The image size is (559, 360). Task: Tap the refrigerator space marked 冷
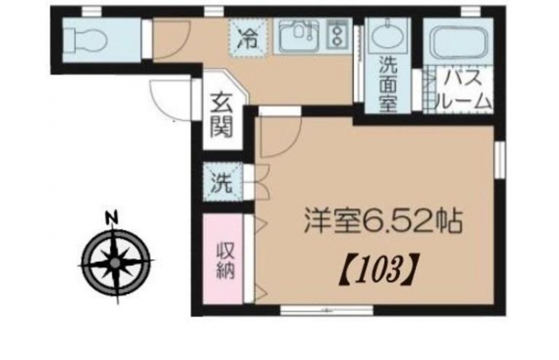(249, 38)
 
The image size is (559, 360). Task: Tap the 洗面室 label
(388, 84)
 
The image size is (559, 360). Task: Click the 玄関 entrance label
(222, 115)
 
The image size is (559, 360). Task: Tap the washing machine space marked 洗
(223, 182)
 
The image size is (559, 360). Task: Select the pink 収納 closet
(224, 258)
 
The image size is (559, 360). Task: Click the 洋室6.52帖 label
(383, 221)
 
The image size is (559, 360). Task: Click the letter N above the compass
(112, 217)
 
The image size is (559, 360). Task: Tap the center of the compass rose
(115, 263)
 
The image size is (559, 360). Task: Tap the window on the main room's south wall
(326, 310)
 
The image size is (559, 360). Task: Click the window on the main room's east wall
(501, 159)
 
